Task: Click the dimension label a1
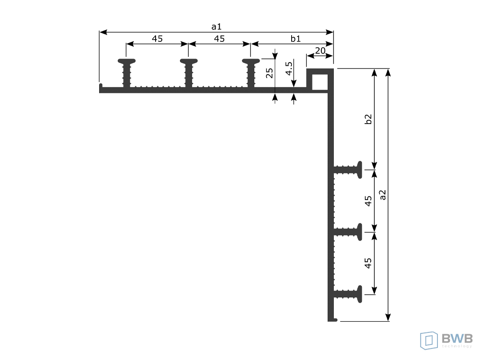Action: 216,27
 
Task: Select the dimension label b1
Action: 296,39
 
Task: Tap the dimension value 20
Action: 320,51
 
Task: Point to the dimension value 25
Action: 269,73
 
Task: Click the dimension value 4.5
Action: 289,68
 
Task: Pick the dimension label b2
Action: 369,119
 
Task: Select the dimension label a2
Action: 383,195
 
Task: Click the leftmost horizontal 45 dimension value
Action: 157,39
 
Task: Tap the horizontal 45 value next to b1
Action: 219,39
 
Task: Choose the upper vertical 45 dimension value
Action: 369,201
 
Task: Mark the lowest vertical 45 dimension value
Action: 369,263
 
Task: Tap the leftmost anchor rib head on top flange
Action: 127,61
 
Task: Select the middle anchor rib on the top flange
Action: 188,73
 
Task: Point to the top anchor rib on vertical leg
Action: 348,170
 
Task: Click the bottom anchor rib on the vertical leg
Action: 348,294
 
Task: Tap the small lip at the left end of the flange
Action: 101,86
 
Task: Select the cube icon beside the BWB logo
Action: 429,340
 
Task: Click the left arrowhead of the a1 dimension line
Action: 103,32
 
